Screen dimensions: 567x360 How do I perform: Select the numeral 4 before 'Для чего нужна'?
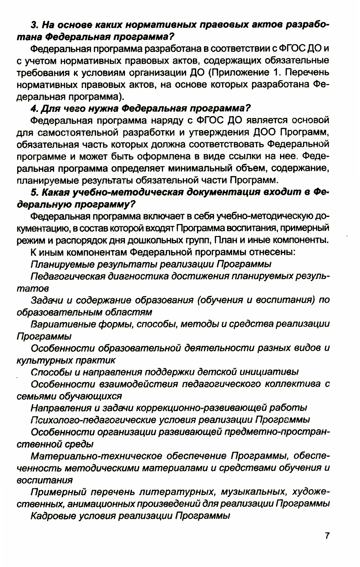click(34, 108)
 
